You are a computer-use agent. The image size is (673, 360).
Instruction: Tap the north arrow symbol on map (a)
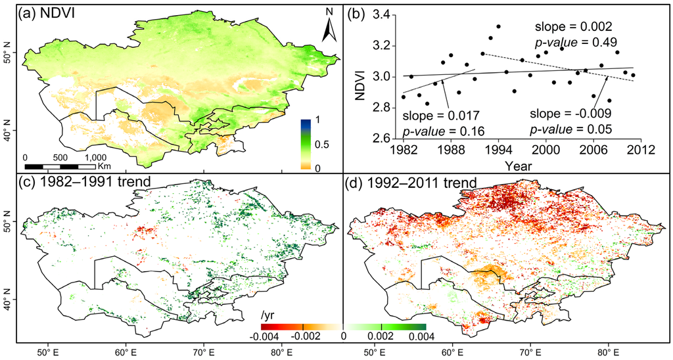click(330, 29)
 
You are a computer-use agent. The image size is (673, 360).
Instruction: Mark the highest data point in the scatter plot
click(498, 26)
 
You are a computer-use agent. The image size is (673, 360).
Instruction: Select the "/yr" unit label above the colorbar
click(267, 316)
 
